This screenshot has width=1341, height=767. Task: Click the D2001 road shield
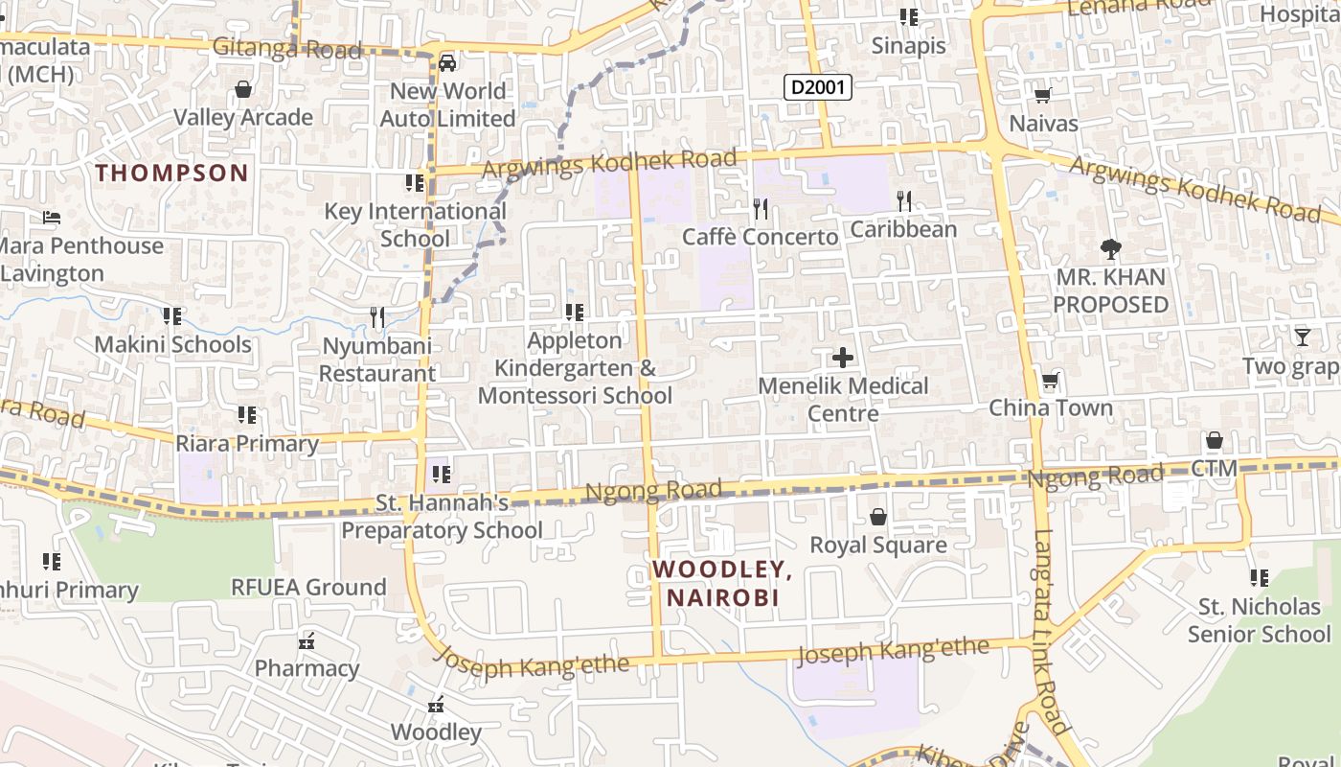click(818, 88)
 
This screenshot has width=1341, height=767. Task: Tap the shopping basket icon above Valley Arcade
click(243, 89)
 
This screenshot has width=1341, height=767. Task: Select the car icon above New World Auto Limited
click(446, 63)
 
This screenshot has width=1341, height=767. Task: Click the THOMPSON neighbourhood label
click(172, 174)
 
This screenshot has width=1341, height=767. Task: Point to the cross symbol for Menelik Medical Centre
click(843, 358)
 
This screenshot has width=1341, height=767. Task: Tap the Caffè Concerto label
click(760, 236)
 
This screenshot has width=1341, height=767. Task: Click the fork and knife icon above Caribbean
click(903, 200)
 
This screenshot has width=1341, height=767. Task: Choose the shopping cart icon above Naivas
click(1043, 95)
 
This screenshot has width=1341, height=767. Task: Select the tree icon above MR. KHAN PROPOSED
click(1110, 249)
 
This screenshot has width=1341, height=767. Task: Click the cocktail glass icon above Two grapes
click(1303, 337)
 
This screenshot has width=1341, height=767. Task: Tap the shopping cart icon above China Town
click(1051, 380)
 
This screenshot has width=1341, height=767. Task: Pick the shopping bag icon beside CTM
click(1215, 440)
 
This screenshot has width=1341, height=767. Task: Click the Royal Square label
click(878, 546)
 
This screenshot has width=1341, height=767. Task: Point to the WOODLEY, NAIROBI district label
click(722, 583)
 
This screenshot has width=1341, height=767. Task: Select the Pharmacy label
click(307, 668)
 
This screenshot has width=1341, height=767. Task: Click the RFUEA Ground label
click(308, 587)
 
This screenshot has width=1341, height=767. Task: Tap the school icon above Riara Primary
click(247, 415)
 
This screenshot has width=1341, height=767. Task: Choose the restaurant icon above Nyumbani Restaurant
click(377, 316)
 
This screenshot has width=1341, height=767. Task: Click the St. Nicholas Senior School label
click(1259, 620)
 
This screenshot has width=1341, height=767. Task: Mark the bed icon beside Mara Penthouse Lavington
click(52, 218)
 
